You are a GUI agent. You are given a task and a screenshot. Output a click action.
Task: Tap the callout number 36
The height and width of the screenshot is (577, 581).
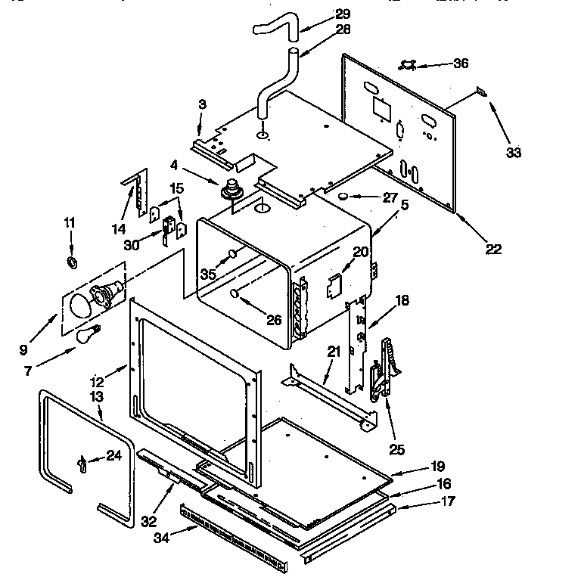[x=461, y=64]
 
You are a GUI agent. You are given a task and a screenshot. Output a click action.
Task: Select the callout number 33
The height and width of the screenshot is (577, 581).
[x=514, y=154]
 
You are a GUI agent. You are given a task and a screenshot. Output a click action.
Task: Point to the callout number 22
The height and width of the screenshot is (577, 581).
[x=494, y=249]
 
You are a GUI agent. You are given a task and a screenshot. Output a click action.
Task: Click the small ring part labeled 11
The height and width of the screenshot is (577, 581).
[x=73, y=262]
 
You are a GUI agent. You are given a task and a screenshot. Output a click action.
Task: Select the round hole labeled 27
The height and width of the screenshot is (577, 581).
[x=343, y=197]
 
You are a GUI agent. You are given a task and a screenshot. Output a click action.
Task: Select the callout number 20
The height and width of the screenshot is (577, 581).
[x=361, y=252]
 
